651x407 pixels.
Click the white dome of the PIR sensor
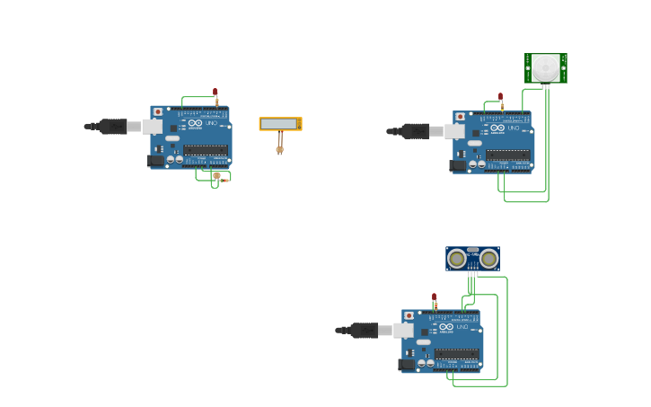click(545, 67)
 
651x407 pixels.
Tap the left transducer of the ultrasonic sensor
click(457, 260)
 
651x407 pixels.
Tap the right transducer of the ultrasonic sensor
click(488, 260)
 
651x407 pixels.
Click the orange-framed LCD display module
click(280, 124)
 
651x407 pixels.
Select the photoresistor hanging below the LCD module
click(279, 150)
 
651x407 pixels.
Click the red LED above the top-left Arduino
click(215, 92)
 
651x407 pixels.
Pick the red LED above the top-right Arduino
click(501, 97)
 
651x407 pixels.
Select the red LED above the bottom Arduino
click(435, 296)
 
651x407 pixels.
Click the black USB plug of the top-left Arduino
click(113, 127)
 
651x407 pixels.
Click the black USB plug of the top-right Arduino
click(415, 131)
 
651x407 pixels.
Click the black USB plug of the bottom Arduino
click(365, 331)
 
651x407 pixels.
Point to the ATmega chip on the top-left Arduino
click(206, 150)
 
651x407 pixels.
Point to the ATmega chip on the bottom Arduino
click(457, 354)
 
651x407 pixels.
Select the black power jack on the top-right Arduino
click(458, 165)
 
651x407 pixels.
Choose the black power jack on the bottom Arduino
click(407, 364)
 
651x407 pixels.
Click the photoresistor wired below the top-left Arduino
click(216, 177)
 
